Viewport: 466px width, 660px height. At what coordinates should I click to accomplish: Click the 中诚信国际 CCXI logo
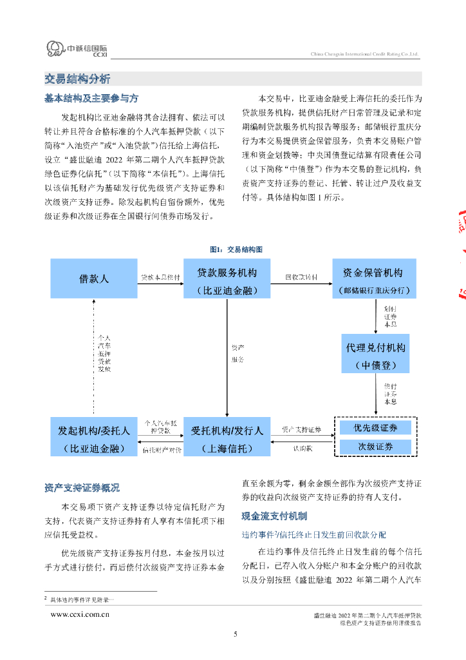tap(77, 49)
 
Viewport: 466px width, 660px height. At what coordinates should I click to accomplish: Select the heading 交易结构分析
tap(77, 79)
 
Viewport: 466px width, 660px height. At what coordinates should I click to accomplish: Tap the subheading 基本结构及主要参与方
tap(91, 99)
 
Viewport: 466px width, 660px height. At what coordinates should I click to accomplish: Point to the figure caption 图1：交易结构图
tap(236, 249)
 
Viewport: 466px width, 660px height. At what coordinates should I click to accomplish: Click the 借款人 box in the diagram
tap(94, 278)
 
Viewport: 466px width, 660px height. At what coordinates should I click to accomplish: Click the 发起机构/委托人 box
tap(94, 437)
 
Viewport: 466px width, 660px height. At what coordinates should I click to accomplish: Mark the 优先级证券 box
tap(375, 428)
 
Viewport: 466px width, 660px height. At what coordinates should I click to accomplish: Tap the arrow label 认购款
tap(301, 447)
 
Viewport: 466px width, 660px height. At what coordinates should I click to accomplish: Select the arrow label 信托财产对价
tap(162, 449)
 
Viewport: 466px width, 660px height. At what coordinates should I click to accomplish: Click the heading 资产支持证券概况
tap(82, 488)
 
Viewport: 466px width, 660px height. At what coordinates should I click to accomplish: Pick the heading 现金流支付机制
tap(274, 516)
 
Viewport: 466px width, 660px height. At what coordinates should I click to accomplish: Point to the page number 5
tap(235, 635)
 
